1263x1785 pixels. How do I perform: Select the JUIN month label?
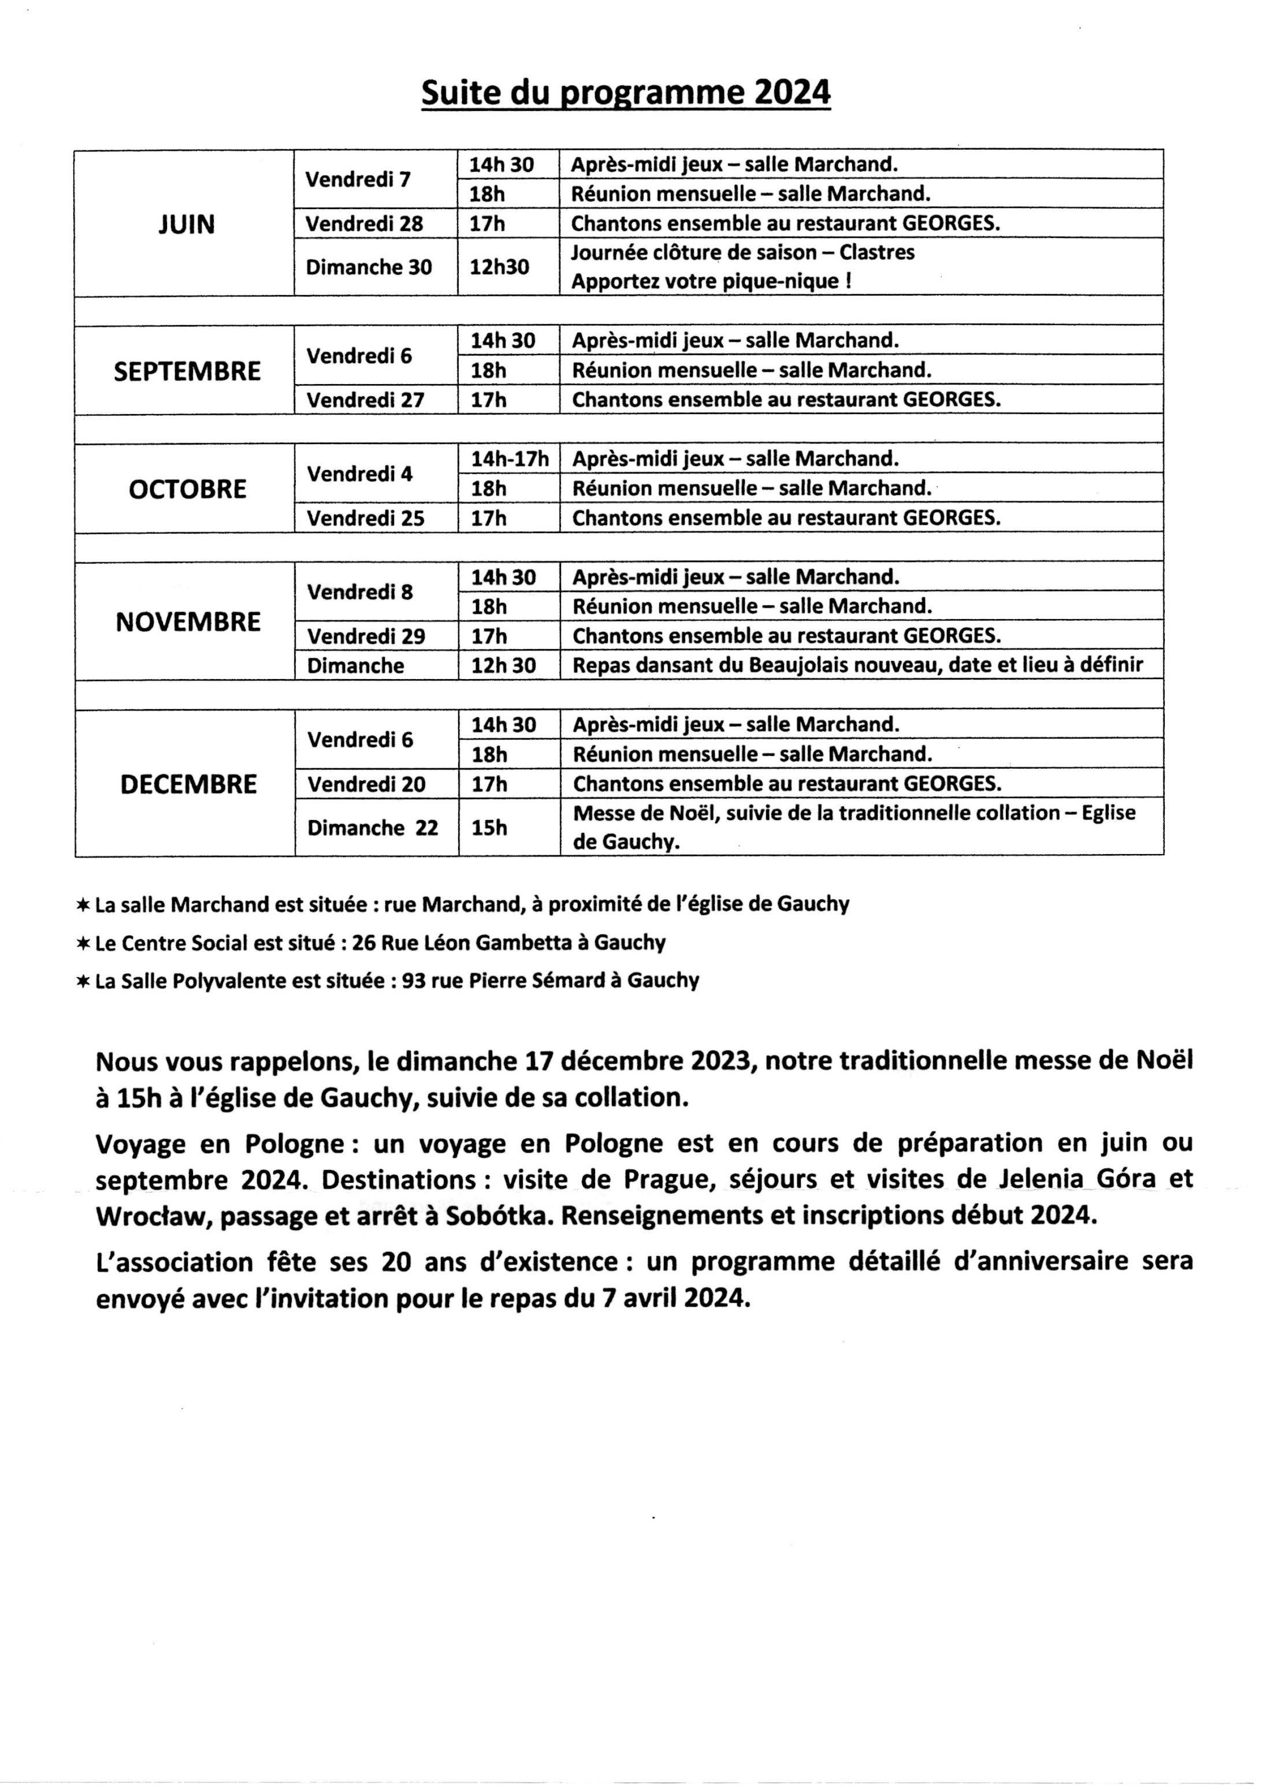(x=187, y=224)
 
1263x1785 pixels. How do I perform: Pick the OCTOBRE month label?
(x=187, y=489)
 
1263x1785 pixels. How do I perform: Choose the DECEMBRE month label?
(x=188, y=784)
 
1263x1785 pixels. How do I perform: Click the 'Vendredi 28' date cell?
(x=364, y=224)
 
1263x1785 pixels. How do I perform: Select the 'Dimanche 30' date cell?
(x=368, y=267)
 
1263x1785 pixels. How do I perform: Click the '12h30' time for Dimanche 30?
(x=499, y=267)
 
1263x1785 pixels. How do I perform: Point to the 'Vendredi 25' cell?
(x=366, y=518)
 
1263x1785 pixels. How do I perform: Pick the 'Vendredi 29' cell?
(x=366, y=636)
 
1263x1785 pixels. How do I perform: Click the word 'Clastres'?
(x=876, y=253)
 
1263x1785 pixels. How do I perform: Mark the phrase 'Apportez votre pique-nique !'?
(x=711, y=281)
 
